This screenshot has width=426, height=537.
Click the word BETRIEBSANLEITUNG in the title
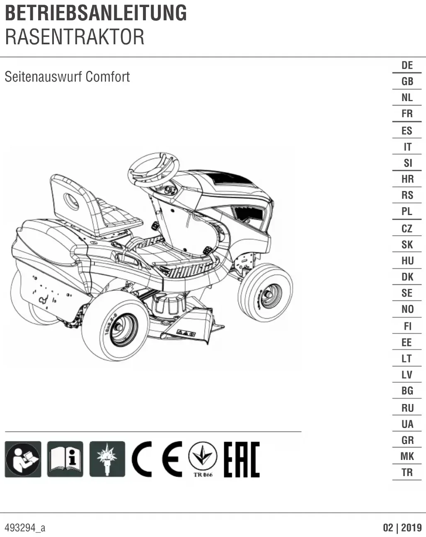tap(96, 13)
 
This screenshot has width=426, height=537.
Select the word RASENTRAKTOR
tap(75, 37)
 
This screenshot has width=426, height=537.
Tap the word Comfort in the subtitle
tap(108, 77)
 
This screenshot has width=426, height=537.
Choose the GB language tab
tap(407, 81)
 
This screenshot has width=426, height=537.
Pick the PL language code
tap(407, 211)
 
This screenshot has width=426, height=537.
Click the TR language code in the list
tap(407, 472)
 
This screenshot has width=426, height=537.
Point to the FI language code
tap(407, 326)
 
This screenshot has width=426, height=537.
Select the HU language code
tap(407, 261)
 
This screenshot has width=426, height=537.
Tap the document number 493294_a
tap(25, 528)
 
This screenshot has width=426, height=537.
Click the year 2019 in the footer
tap(411, 527)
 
